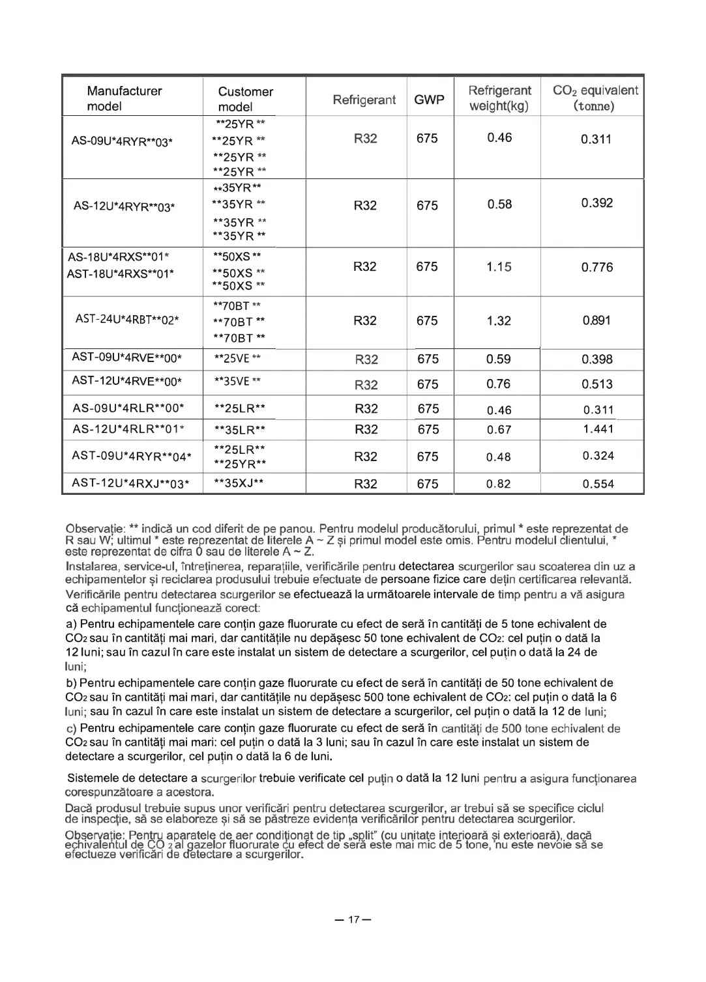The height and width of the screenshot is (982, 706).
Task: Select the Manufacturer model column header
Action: pyautogui.click(x=124, y=98)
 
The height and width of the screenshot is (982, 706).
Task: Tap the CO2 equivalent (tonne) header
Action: pyautogui.click(x=595, y=98)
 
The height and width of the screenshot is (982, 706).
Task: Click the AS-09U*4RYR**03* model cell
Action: pyautogui.click(x=122, y=141)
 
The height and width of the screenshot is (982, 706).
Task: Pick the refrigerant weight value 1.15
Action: pyautogui.click(x=499, y=267)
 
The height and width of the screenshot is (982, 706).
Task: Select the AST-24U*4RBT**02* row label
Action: pyautogui.click(x=127, y=320)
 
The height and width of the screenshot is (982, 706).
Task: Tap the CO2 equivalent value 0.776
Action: pyautogui.click(x=597, y=267)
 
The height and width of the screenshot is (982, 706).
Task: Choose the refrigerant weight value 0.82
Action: pyautogui.click(x=499, y=484)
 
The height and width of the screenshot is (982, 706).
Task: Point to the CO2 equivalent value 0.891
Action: pyautogui.click(x=597, y=320)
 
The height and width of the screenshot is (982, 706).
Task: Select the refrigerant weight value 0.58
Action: pyautogui.click(x=499, y=204)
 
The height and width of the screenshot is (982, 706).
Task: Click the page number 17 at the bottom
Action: pyautogui.click(x=353, y=920)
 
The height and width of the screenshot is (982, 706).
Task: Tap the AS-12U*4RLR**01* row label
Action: pyautogui.click(x=128, y=429)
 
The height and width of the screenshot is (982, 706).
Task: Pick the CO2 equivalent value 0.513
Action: pyautogui.click(x=597, y=384)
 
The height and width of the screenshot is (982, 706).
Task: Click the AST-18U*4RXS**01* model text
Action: pyautogui.click(x=121, y=274)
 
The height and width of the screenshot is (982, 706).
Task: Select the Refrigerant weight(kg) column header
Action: pyautogui.click(x=499, y=98)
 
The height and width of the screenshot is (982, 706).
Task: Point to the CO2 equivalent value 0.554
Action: pyautogui.click(x=598, y=484)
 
